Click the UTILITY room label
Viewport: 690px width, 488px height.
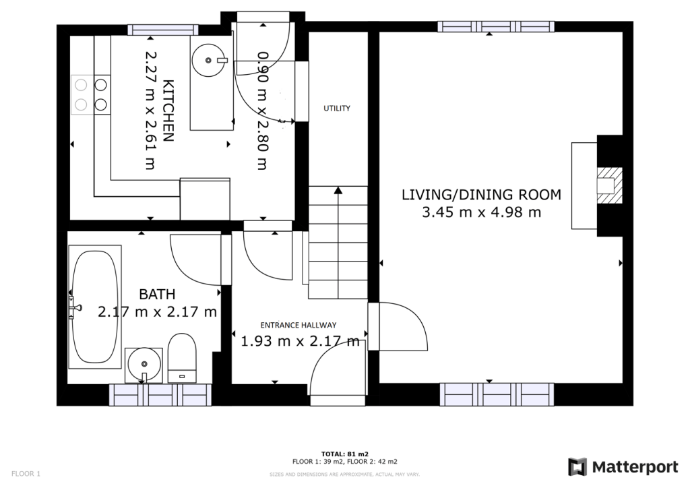(337, 109)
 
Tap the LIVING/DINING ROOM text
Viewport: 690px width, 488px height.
(481, 195)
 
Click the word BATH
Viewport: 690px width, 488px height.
(157, 294)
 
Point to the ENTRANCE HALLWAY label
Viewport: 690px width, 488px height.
(299, 325)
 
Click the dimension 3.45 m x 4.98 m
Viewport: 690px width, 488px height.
(481, 212)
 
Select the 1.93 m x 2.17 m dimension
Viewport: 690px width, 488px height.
(300, 341)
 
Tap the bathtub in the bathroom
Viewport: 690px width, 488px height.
(95, 307)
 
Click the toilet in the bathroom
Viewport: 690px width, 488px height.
(182, 358)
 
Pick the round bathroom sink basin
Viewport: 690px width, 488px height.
(144, 364)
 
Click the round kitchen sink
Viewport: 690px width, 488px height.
(208, 60)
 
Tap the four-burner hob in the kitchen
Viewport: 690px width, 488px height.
(91, 94)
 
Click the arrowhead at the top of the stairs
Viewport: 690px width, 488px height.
(338, 190)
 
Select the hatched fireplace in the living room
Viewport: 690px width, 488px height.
(609, 185)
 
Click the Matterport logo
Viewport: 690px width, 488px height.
(623, 467)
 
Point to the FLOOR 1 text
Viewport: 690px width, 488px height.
(26, 474)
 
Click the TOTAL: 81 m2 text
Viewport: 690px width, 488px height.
(344, 454)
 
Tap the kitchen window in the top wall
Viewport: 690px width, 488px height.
(163, 30)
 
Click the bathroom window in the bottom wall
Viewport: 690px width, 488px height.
(160, 395)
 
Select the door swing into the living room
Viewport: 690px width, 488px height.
(403, 326)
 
